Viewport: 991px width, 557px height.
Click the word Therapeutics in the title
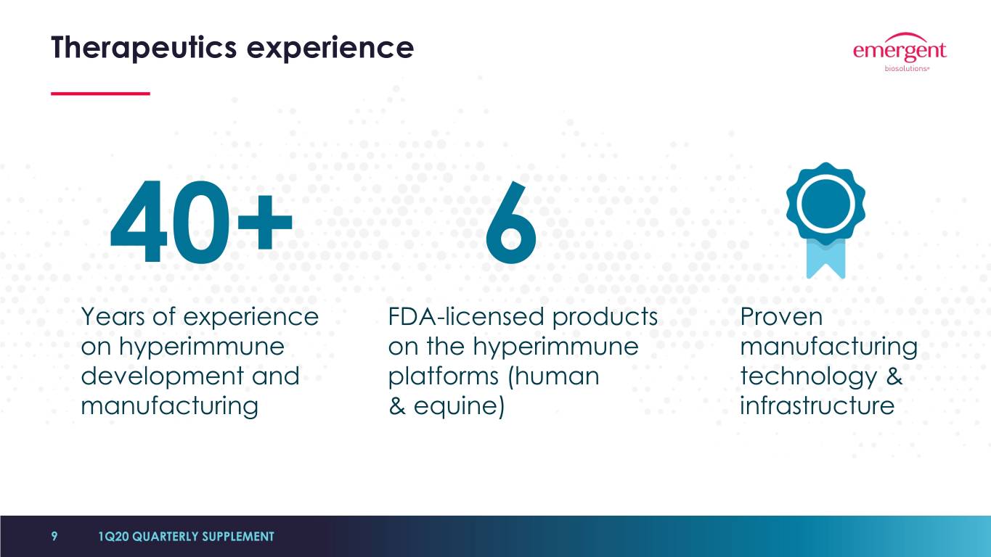pyautogui.click(x=144, y=48)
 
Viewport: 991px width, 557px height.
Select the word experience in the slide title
pyautogui.click(x=330, y=49)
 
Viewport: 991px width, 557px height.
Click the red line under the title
pyautogui.click(x=100, y=94)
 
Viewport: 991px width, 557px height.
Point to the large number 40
pyautogui.click(x=170, y=222)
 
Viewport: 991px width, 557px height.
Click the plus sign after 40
pyautogui.click(x=265, y=222)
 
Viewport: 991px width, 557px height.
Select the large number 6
pyautogui.click(x=511, y=222)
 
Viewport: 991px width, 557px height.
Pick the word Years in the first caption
pyautogui.click(x=113, y=316)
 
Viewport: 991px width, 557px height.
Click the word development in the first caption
pyautogui.click(x=162, y=376)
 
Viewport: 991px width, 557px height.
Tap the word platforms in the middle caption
pyautogui.click(x=444, y=376)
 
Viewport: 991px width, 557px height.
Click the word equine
pyautogui.click(x=456, y=406)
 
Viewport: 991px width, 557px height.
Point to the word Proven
pyautogui.click(x=781, y=316)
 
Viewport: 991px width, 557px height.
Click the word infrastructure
pyautogui.click(x=817, y=405)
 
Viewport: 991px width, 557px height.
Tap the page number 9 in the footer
pyautogui.click(x=54, y=536)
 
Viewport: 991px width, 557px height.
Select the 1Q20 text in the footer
pyautogui.click(x=114, y=537)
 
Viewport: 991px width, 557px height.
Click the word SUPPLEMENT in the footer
pyautogui.click(x=238, y=537)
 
